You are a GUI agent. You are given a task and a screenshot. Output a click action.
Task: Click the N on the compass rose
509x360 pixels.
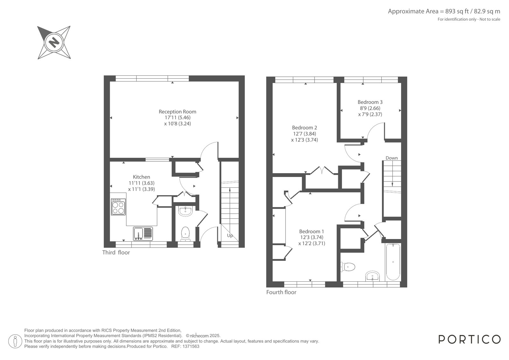point(54,43)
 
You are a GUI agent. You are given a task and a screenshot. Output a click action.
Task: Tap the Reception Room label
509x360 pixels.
point(178,112)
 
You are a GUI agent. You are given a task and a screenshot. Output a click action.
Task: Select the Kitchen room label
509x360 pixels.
point(141,177)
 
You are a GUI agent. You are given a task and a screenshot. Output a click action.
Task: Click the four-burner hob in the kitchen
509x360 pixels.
point(118,207)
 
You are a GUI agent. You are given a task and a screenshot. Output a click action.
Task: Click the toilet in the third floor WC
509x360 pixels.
point(185,234)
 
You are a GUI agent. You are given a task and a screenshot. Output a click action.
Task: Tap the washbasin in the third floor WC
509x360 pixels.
point(185,211)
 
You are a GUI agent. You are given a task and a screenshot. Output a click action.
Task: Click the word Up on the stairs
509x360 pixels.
point(230,236)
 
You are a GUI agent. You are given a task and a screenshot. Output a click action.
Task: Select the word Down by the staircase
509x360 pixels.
point(392,158)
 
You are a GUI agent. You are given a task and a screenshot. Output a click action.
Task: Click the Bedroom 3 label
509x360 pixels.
point(370,102)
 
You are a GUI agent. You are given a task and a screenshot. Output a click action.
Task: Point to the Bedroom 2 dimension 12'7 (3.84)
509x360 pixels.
point(305,134)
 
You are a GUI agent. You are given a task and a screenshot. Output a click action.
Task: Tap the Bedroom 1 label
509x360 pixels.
point(311,231)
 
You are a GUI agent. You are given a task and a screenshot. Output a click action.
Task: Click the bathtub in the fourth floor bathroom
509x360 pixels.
point(393,262)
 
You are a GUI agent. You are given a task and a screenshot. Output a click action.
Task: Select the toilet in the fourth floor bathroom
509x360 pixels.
point(348,267)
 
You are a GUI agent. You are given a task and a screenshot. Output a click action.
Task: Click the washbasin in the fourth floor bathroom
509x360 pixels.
point(373,276)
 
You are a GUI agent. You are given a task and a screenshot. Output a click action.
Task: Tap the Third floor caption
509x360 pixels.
point(116,252)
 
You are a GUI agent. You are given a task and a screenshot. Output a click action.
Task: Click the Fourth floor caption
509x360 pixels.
point(281,292)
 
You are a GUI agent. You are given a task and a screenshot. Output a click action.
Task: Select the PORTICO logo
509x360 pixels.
point(470,339)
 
